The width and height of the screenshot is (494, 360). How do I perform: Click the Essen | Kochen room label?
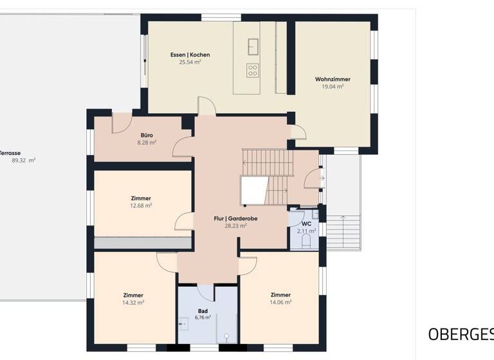190,55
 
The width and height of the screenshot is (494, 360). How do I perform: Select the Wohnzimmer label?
333,79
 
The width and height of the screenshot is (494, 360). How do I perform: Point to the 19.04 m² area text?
333,86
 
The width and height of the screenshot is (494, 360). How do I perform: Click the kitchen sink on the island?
253,46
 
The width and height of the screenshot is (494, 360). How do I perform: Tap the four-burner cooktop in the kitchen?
253,69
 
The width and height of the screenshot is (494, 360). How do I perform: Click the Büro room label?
147,135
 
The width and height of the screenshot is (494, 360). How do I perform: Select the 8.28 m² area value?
147,142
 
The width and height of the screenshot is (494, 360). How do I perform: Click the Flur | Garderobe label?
235,219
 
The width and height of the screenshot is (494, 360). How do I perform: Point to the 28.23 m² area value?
235,226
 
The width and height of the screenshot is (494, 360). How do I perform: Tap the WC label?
306,224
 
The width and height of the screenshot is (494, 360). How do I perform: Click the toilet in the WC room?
307,241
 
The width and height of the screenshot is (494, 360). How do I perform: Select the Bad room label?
203,310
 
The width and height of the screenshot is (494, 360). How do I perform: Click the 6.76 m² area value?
203,317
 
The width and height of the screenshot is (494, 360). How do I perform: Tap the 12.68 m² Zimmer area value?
140,206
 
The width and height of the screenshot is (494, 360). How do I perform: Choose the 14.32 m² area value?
133,302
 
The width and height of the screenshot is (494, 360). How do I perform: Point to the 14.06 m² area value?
280,302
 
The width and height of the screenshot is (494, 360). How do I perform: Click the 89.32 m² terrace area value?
24,160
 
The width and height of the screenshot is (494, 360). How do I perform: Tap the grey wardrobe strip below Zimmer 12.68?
143,243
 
